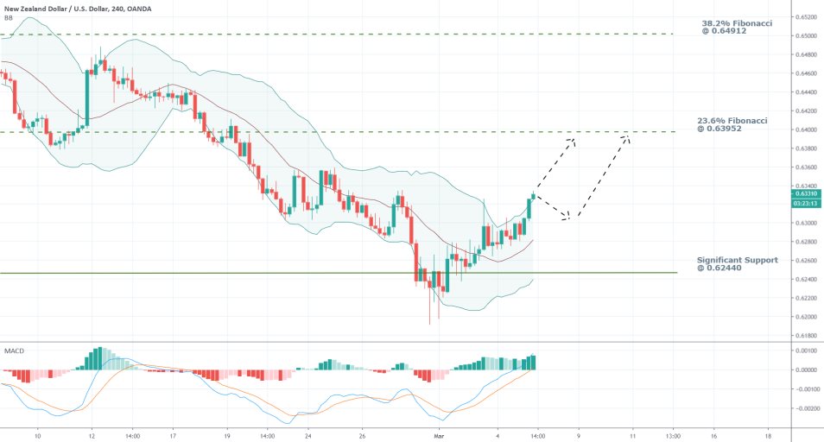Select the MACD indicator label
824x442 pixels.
tap(13, 351)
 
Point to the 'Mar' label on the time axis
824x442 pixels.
tap(439, 437)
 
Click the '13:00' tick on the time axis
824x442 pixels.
tap(674, 437)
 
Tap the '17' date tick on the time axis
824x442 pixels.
tap(174, 437)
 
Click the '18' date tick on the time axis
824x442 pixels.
tap(768, 437)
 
